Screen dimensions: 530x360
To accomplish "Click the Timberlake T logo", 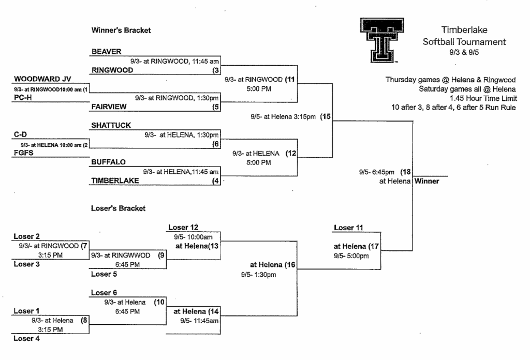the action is [x=382, y=40].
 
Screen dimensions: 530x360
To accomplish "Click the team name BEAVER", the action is [x=106, y=52].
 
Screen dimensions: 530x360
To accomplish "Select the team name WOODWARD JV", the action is [x=42, y=79].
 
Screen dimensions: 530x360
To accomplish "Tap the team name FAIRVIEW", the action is [x=109, y=107].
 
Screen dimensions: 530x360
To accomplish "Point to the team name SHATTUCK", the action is [x=111, y=125].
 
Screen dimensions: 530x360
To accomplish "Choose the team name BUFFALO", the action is [x=108, y=162].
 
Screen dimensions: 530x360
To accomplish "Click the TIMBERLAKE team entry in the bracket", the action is [x=115, y=181].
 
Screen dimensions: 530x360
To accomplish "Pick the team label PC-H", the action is [x=23, y=98].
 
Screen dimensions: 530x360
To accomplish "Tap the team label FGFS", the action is [x=23, y=153].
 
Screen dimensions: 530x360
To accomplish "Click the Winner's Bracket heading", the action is [x=121, y=31].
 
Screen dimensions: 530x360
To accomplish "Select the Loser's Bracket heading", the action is [x=119, y=208].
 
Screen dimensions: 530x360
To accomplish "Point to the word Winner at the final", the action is [x=426, y=181].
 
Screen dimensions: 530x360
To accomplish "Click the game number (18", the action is [x=406, y=172].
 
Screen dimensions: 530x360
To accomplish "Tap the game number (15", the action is [x=326, y=116].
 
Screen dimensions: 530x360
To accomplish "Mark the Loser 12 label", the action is [x=183, y=227].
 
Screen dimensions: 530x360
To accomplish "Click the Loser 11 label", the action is [x=348, y=228].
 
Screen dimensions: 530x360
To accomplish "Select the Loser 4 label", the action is [x=26, y=338].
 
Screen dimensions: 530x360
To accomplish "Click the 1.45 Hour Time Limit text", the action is [x=483, y=98].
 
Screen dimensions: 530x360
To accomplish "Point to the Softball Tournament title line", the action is [x=464, y=42].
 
